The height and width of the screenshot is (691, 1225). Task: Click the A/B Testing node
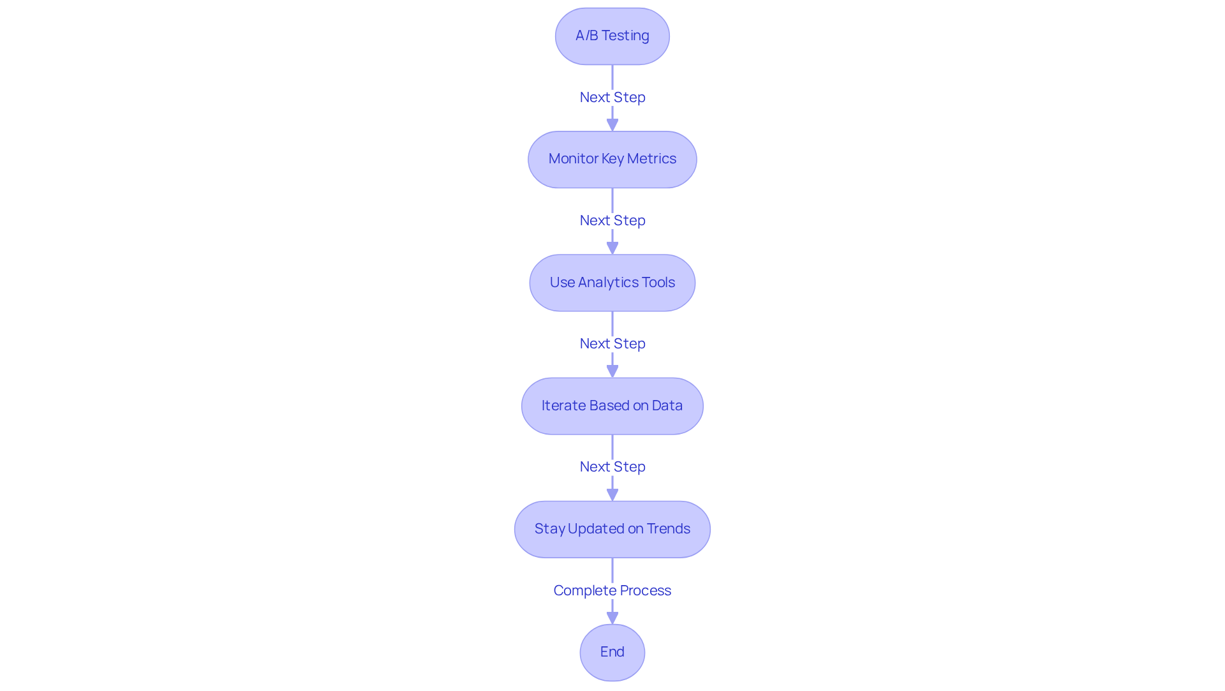point(612,36)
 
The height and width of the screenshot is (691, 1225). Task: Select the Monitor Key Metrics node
point(612,160)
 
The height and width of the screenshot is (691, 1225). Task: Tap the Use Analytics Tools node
point(612,283)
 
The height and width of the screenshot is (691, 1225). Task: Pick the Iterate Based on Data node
point(612,406)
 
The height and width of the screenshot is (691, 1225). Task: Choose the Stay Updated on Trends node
point(612,529)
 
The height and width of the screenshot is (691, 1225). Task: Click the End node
point(612,652)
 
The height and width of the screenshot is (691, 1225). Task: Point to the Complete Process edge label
point(612,590)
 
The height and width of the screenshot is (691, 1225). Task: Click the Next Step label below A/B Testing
point(612,97)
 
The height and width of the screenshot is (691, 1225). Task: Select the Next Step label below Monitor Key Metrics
point(612,220)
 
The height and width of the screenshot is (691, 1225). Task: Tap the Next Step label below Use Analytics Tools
point(612,343)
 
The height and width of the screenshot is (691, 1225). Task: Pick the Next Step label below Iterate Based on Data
point(612,466)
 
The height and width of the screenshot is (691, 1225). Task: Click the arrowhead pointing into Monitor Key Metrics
point(612,124)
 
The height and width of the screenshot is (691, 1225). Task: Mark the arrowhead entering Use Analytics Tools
point(612,248)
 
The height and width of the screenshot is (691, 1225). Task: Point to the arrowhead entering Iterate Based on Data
point(612,371)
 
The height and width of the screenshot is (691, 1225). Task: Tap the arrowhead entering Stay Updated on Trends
point(612,494)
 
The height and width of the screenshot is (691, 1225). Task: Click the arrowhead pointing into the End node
point(612,618)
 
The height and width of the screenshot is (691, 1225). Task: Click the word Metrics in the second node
point(651,159)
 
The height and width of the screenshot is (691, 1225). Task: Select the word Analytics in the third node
point(608,282)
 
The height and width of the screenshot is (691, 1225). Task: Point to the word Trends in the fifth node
point(668,528)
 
